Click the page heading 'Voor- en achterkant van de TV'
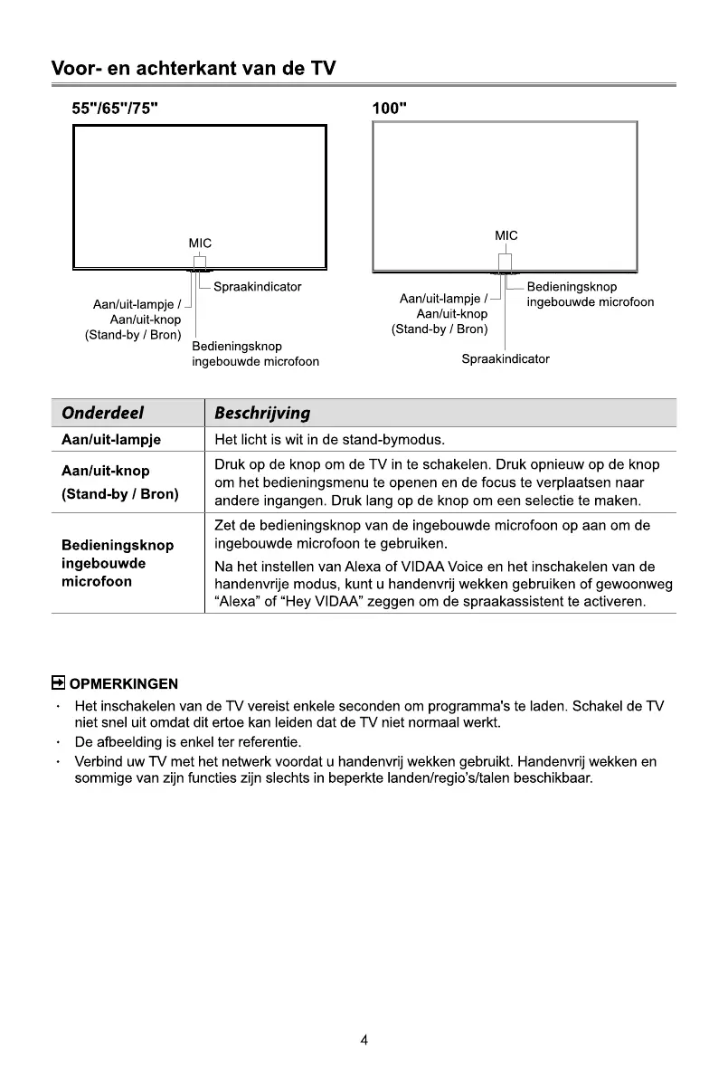point(194,68)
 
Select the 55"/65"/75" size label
point(117,108)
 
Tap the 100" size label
point(390,108)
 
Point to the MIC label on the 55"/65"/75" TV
point(200,243)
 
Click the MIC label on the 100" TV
point(506,236)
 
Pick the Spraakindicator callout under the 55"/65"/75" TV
point(257,287)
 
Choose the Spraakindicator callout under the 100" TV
point(506,358)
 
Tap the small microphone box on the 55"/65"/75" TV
point(200,263)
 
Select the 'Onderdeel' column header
point(103,413)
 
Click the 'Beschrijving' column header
point(261,413)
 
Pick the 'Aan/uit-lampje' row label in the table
point(110,441)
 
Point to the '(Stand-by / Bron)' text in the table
point(119,494)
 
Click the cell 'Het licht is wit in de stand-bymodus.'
point(329,441)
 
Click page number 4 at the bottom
point(364,1040)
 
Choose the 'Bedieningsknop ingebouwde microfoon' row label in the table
point(117,563)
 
